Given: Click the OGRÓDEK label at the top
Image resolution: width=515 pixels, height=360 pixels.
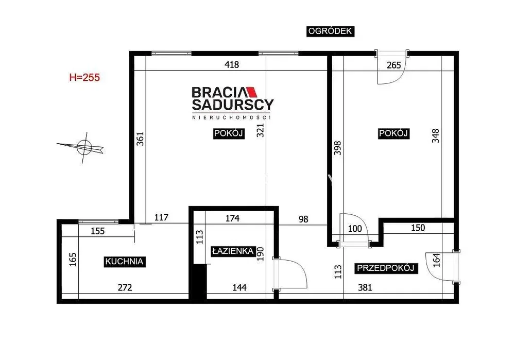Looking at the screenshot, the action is tap(330, 31).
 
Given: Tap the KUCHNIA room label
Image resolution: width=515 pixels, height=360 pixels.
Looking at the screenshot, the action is tap(125, 262).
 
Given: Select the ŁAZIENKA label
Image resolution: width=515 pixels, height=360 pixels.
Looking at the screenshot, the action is tap(233, 251).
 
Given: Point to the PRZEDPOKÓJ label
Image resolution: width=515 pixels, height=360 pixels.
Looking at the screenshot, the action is tap(386, 268).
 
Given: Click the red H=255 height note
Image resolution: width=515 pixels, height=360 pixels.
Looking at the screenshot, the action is tap(84, 78).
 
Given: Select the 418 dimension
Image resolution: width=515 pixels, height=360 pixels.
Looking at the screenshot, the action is tap(232, 65).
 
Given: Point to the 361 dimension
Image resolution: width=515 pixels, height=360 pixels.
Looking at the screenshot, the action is tap(140, 139).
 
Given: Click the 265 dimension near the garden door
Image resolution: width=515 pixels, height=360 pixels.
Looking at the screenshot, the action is tap(394, 65).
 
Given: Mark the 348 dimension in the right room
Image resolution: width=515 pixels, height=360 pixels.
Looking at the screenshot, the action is tap(436, 135).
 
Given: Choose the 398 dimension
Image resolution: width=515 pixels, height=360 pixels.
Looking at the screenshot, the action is tap(338, 148).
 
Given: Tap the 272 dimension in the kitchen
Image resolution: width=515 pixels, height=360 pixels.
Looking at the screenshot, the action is tap(125, 287).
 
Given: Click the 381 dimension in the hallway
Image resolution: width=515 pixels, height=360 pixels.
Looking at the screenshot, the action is tap(365, 287).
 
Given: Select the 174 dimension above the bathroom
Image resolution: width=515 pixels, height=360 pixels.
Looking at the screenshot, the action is tap(232, 218).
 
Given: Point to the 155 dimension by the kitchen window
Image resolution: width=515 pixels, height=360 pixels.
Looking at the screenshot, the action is tap(97, 231).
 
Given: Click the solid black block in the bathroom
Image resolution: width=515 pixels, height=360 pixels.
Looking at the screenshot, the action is tap(199, 282).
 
